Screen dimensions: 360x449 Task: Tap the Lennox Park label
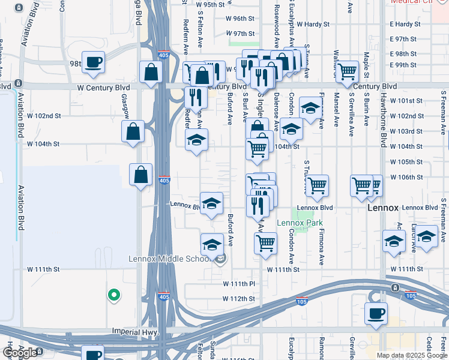[x=300, y=223]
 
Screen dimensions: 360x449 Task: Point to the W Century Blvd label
[x=104, y=88]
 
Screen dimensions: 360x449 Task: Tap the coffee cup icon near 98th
[x=94, y=62]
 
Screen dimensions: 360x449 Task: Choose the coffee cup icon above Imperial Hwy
[x=376, y=313]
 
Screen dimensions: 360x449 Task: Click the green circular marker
[x=113, y=295]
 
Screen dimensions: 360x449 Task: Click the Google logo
[x=20, y=353]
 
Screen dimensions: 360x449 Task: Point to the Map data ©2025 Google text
[x=412, y=355]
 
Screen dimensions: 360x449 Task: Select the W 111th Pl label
[x=240, y=283]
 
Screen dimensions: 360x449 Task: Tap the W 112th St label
[x=240, y=298]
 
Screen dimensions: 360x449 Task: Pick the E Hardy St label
[x=405, y=25]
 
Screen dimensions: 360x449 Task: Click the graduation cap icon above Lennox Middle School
[x=211, y=244]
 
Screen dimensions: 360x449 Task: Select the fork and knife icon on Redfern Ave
[x=196, y=96]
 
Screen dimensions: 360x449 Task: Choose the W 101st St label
[x=406, y=101]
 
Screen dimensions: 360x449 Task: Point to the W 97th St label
[x=241, y=34]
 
